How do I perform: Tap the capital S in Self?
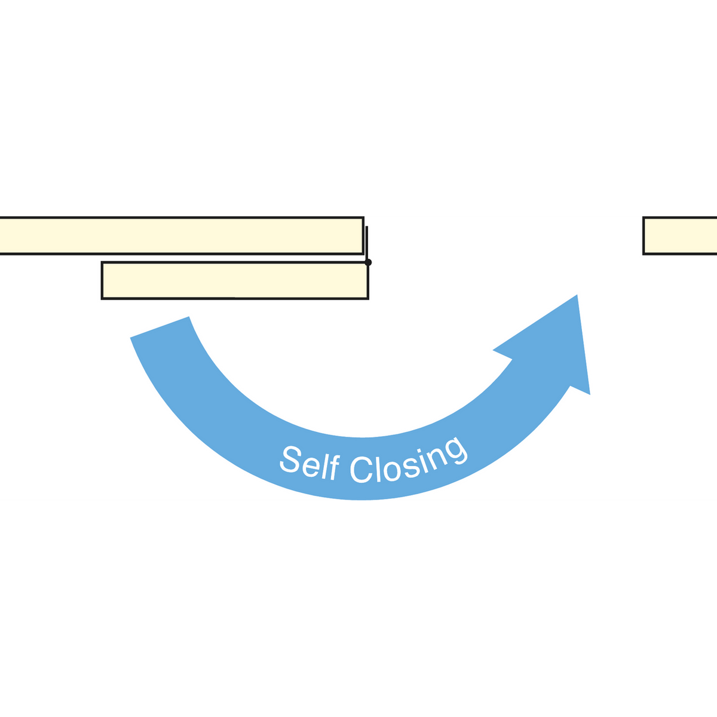(290, 459)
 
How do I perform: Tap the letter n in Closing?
(438, 458)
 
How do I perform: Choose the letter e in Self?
(310, 467)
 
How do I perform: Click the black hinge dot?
(368, 262)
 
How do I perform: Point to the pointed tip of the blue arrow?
(577, 295)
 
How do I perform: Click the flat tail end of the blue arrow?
(160, 327)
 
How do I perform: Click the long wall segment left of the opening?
(182, 235)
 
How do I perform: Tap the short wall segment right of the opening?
(679, 235)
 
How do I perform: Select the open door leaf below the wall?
(235, 281)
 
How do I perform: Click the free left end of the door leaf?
(102, 281)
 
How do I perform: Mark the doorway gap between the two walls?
(504, 235)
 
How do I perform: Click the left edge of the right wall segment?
(644, 235)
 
